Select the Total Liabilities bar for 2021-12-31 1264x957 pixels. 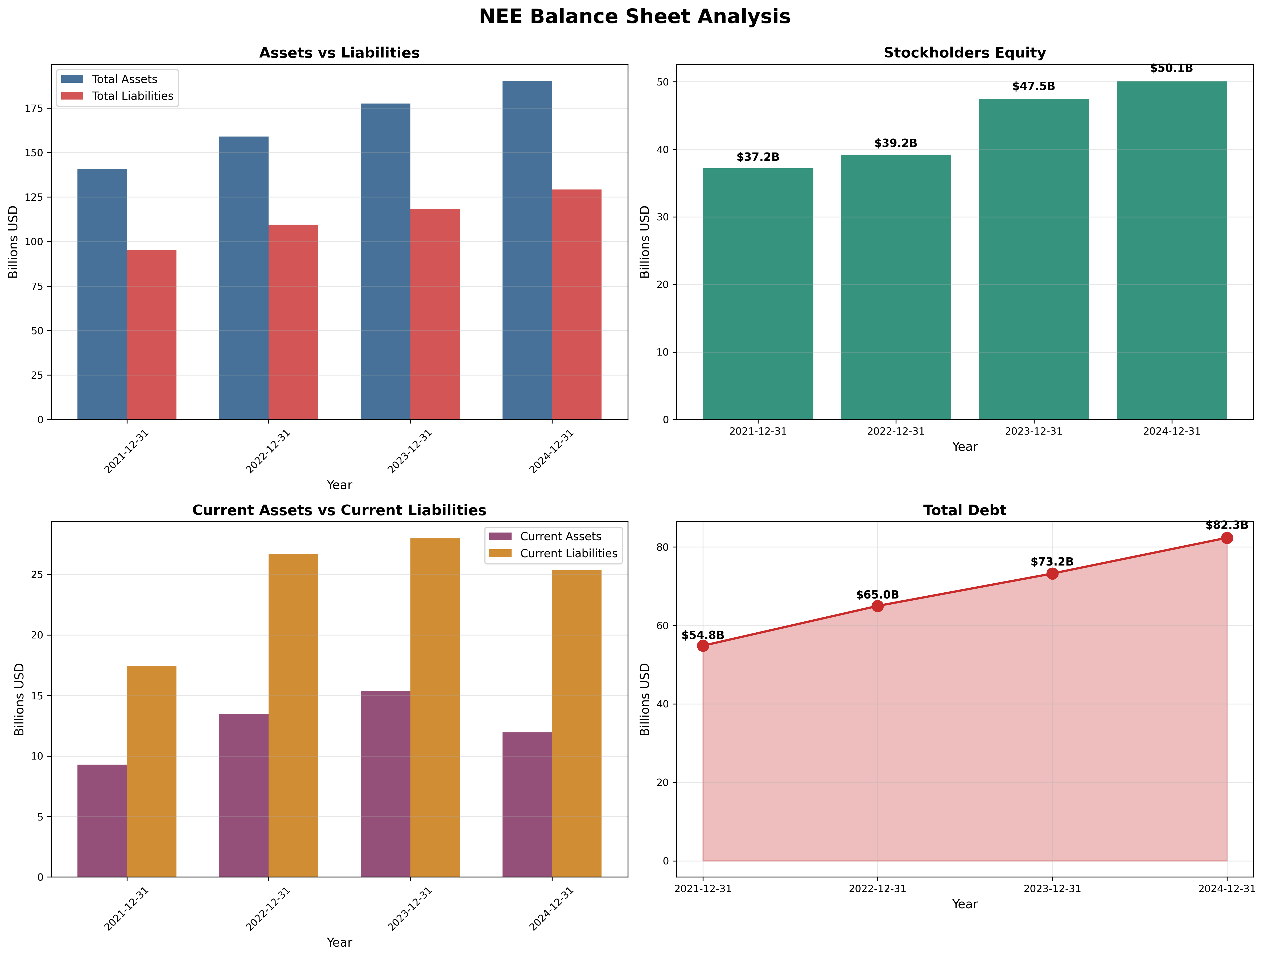click(x=151, y=334)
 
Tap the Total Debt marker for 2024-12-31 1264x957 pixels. click(x=1226, y=538)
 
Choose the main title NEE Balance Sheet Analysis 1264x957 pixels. click(x=634, y=16)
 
